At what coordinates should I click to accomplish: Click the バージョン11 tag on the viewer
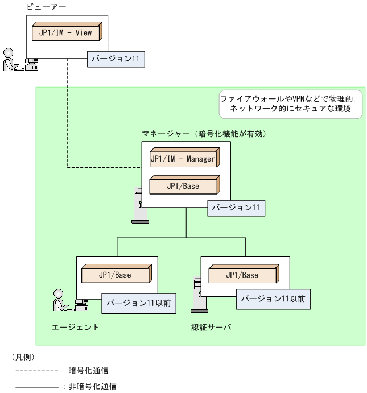pos(114,59)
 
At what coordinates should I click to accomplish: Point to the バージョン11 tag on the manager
pos(236,208)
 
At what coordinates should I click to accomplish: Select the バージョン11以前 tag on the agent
pos(138,303)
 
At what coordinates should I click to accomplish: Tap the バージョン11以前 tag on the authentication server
pos(273,298)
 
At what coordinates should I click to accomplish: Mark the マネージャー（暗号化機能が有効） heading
pos(204,134)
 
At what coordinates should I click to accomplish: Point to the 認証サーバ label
pos(212,328)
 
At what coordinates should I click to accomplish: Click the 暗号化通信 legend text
pos(89,370)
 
